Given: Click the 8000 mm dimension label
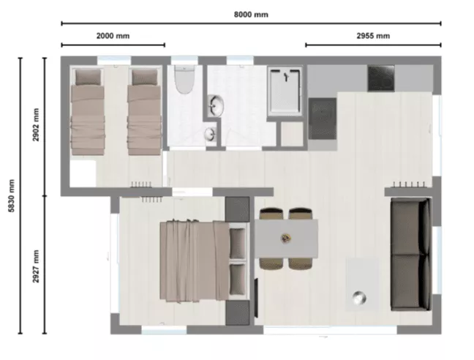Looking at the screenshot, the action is click(251, 15).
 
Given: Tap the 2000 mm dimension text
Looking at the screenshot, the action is click(113, 36).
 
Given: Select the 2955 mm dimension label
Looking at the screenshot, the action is click(373, 36).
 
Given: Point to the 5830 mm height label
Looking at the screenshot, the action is click(11, 195).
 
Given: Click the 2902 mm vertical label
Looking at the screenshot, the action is click(36, 124).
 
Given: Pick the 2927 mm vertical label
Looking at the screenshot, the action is click(36, 266).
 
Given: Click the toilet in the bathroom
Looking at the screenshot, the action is click(184, 80).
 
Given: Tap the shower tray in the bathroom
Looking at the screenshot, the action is click(285, 91).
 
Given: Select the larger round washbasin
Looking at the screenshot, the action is click(216, 106).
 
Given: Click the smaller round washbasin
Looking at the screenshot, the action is click(210, 134).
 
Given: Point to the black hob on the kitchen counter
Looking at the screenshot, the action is click(381, 78).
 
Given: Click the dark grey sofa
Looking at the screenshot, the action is click(411, 254).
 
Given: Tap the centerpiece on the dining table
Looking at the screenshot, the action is click(285, 239).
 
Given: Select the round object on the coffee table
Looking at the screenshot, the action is click(359, 298).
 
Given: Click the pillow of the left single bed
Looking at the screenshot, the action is click(88, 77).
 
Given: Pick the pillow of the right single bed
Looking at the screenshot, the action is click(145, 77).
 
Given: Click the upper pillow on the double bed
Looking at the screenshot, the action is click(237, 244).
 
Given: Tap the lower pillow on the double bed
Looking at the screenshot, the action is click(237, 280).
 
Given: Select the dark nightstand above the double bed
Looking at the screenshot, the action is click(237, 209).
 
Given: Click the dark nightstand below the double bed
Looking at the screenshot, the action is click(238, 312).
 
